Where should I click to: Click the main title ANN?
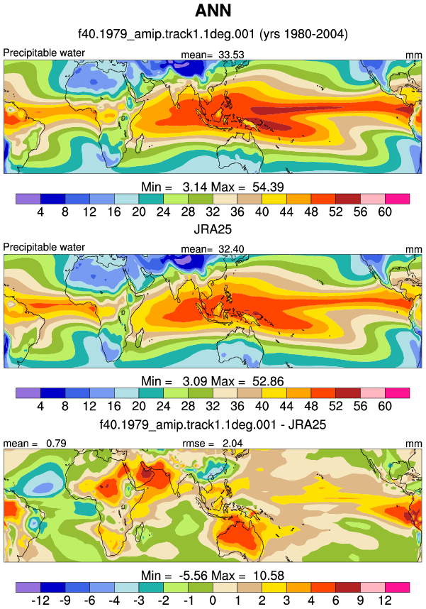tap(213, 11)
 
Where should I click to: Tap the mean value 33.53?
tap(231, 55)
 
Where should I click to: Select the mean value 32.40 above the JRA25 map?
tap(231, 249)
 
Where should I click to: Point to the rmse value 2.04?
tap(232, 443)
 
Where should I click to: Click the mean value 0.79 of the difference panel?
tap(56, 443)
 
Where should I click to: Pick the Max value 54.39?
tap(268, 187)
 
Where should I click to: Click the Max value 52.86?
tap(268, 381)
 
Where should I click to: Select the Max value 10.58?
tap(269, 575)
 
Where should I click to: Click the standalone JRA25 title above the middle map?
tap(213, 229)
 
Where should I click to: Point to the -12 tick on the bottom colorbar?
tap(40, 600)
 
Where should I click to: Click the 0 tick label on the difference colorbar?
tap(213, 600)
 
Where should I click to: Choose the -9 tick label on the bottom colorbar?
tap(65, 600)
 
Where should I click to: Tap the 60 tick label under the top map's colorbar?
tap(385, 212)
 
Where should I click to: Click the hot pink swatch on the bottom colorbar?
tap(397, 587)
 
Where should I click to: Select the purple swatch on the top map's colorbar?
tap(28, 199)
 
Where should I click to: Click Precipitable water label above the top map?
tap(44, 53)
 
